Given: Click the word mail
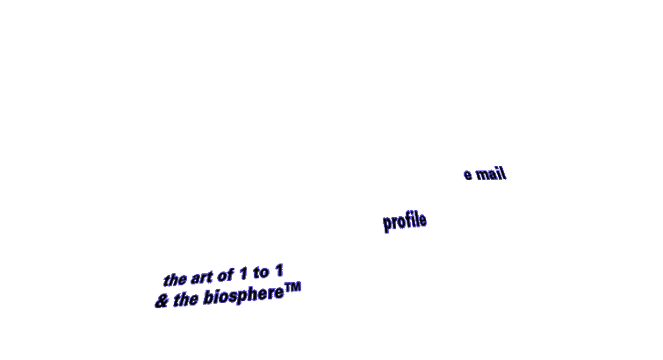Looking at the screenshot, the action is [491, 174].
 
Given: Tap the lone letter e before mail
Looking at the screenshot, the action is [468, 174].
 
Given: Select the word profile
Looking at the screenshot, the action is [405, 221].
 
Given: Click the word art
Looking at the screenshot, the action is [201, 278].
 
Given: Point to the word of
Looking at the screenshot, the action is [226, 276].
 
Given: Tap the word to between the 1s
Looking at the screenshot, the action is [261, 273].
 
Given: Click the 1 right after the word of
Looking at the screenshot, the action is [242, 274].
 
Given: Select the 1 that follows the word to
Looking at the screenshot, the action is [278, 270].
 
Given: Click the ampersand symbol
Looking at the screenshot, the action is [162, 301].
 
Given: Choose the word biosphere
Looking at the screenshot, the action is [243, 295].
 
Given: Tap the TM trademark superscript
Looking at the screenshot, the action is [292, 287].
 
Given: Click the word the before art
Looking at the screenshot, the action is [175, 279].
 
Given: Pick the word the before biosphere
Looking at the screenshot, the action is [185, 299].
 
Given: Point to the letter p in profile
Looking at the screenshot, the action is [387, 224].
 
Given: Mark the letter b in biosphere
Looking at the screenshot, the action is [208, 297].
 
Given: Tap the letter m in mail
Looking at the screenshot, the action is [481, 175].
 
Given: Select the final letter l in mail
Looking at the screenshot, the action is [504, 174].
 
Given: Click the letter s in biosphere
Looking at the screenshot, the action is [232, 296].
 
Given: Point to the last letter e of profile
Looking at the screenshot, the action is [422, 220].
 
